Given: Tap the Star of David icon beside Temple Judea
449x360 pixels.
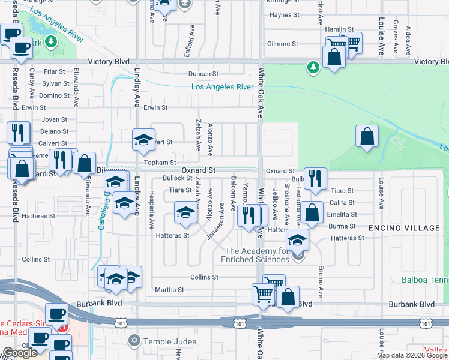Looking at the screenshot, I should [134, 341].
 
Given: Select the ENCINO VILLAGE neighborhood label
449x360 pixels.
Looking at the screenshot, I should [404, 229].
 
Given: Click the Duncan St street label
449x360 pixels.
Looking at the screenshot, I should [203, 74].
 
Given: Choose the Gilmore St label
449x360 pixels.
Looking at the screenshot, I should [283, 44].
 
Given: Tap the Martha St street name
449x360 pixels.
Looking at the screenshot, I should [169, 290].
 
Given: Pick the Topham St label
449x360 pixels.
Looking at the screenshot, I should [160, 163].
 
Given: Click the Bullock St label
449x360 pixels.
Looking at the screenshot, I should [177, 179].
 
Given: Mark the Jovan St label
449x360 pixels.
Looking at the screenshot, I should [55, 119].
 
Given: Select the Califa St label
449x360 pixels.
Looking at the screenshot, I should [343, 203].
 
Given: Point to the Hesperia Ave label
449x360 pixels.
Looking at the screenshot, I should [152, 205].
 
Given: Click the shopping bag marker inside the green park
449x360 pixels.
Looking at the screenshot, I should [367, 136].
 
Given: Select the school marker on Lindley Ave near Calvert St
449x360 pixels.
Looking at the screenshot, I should [143, 140].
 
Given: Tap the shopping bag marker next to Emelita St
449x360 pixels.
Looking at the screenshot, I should [312, 212].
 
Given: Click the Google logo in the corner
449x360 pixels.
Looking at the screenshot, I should [20, 353].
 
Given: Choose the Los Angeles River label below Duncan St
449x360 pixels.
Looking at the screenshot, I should [222, 87].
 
